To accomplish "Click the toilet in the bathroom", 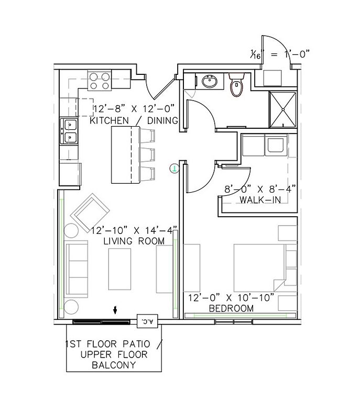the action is pos(236,84).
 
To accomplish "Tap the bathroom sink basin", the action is pos(210,81).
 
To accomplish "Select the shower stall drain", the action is pos(283,109).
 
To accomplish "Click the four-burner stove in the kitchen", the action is pos(100,80).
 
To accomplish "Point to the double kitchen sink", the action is pos(69,131).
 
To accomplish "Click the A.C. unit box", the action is pos(147,321).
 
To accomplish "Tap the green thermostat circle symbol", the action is pos(174,169).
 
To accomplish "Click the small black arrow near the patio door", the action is pos(115,310).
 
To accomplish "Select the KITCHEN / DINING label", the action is pos(134,120).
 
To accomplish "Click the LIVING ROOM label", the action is pos(134,241).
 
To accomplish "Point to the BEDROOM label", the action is pos(231,308).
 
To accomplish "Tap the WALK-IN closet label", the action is pos(260,200).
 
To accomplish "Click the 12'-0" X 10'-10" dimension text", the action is pos(231,298).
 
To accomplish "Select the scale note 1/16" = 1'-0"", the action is pos(280,54).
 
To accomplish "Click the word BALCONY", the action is pos(114,365).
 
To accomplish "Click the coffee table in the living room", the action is pos(119,269).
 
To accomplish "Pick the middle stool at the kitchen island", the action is pos(147,154).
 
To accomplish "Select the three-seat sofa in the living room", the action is pos(77,269).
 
